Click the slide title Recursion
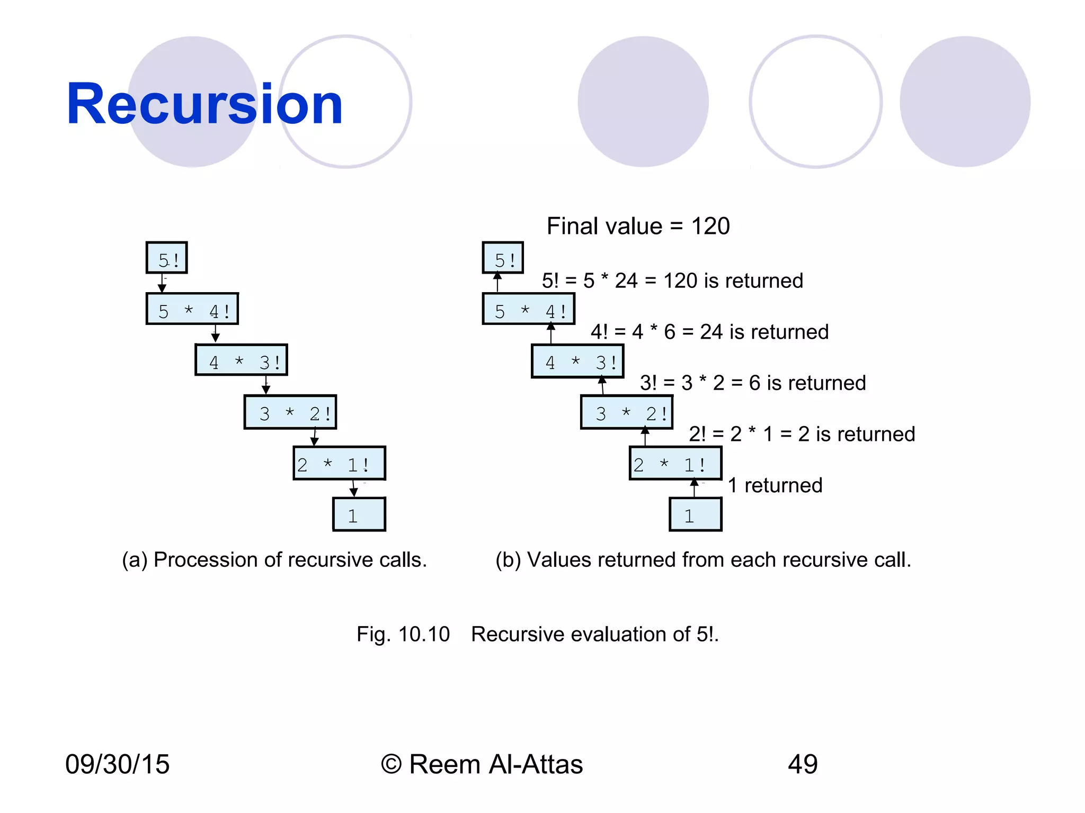point(204,104)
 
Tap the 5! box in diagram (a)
point(167,258)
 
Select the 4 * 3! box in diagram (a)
point(242,360)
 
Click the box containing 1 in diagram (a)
point(359,514)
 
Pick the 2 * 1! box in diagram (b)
point(675,464)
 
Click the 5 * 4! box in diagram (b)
point(529,309)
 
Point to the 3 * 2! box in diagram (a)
point(290,412)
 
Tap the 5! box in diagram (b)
point(503,258)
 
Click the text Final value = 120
point(638,226)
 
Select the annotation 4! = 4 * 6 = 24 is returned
point(709,332)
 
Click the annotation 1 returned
point(775,485)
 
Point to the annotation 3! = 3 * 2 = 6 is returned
point(752,383)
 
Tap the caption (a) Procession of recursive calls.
point(274,559)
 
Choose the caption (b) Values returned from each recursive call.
point(703,559)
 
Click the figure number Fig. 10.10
point(403,634)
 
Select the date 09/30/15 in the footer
point(117,764)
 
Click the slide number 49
point(803,764)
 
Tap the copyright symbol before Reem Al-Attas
point(391,765)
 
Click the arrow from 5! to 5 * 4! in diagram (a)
point(162,283)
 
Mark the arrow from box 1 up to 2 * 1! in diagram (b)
point(694,488)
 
